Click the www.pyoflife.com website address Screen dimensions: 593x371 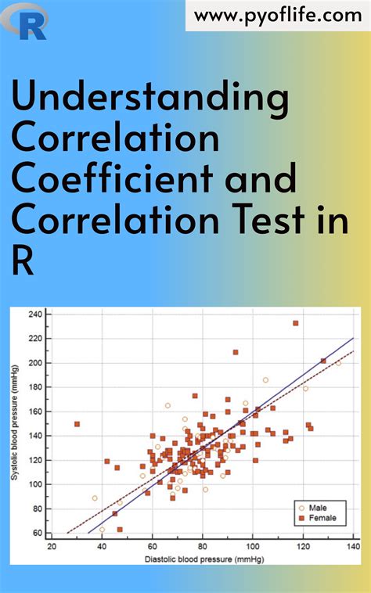278,15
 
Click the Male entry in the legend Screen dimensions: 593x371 318,506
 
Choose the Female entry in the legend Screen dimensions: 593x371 321,517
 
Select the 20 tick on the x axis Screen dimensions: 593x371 52,548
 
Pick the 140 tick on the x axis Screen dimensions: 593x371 353,548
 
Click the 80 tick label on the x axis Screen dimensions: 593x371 202,548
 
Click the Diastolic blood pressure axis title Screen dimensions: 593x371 202,559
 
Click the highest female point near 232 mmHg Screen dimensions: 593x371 295,323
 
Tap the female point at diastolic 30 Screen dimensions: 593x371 77,424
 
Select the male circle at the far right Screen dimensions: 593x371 338,363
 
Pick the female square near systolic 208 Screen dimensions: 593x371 235,352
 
